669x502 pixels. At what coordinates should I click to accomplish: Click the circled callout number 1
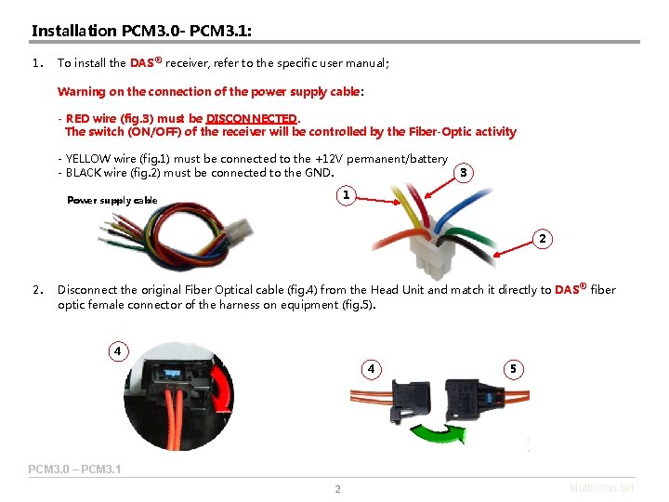[x=346, y=195]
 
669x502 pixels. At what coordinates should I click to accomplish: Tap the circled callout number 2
[x=543, y=240]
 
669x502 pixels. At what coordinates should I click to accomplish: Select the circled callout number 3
[x=464, y=173]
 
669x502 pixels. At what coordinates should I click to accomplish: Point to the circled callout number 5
[x=512, y=368]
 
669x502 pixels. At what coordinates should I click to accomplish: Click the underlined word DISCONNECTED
[x=251, y=118]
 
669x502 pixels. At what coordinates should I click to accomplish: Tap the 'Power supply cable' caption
[x=112, y=201]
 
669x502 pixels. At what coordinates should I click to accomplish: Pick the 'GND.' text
[x=320, y=172]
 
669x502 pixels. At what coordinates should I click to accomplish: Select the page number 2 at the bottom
[x=337, y=489]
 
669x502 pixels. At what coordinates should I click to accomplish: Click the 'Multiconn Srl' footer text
[x=601, y=487]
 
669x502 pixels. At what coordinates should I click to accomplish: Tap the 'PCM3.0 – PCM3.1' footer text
[x=74, y=469]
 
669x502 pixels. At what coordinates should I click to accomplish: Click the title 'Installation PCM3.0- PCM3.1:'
[x=142, y=31]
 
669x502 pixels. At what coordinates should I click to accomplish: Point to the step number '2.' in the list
[x=38, y=290]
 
